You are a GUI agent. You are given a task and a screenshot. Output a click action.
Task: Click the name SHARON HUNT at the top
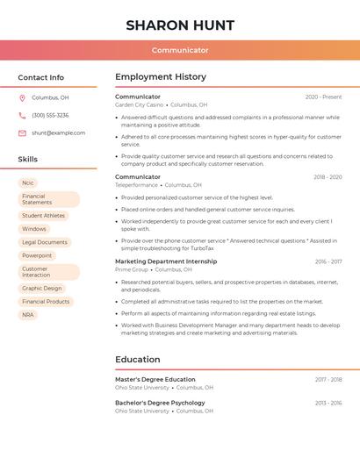point(180,25)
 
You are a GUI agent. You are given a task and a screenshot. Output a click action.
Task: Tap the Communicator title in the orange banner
point(180,50)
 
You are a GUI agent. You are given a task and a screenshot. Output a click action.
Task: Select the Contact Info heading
point(40,77)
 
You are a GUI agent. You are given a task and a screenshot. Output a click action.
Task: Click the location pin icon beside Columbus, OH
point(22,98)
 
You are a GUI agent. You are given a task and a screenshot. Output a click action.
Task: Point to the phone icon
point(22,116)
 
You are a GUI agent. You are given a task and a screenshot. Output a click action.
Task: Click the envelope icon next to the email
point(22,133)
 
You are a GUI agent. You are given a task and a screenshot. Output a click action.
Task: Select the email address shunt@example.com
point(58,133)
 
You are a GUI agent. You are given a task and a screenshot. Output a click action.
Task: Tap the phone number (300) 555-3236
point(50,116)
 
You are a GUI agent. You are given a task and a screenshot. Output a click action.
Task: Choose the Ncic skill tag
point(28,183)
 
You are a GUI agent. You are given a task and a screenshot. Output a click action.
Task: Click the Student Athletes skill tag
point(43,216)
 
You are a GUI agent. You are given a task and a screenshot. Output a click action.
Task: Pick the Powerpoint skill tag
point(37,255)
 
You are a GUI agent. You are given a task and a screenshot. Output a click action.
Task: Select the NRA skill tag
point(28,315)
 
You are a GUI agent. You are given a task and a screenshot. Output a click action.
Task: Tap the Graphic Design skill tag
point(42,289)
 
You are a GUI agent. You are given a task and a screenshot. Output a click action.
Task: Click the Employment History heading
point(161,77)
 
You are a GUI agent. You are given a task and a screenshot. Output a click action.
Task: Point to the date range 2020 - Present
point(323,97)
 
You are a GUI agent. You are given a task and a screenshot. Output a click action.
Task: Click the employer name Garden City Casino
point(139,105)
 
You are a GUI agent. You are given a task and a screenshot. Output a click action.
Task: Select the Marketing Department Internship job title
point(166,261)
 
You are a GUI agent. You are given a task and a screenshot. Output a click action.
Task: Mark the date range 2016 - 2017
point(328,261)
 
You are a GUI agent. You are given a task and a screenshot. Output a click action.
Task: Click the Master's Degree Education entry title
point(155,380)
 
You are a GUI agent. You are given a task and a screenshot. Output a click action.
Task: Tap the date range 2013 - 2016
point(328,404)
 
